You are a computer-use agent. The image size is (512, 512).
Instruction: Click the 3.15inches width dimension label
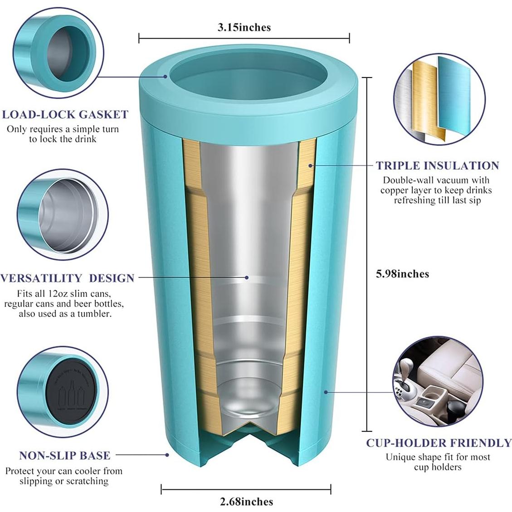click(244, 27)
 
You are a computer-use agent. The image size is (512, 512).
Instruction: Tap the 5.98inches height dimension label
click(402, 273)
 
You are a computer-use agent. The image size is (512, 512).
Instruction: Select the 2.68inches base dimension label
click(246, 502)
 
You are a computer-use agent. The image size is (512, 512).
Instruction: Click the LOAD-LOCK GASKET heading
click(65, 114)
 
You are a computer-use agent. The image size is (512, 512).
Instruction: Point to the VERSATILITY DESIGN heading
click(68, 278)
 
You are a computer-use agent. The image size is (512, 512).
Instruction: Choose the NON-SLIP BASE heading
click(65, 455)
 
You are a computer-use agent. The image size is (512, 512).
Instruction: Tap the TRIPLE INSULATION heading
click(438, 166)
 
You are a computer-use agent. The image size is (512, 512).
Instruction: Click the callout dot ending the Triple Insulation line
click(311, 166)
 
